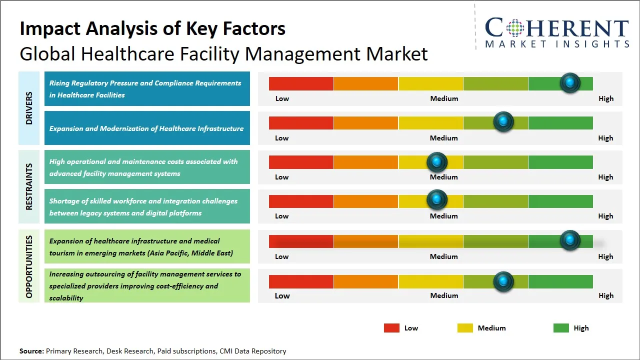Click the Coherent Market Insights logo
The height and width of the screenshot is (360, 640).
coord(556,32)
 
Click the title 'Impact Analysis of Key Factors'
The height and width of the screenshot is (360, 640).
coord(152,28)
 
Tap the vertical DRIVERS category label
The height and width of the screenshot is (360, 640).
coord(29,108)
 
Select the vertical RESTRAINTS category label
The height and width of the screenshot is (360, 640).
coord(29,186)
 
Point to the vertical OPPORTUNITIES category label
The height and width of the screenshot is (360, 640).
coord(29,266)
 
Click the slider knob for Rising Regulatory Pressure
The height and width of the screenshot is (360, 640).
coord(570,83)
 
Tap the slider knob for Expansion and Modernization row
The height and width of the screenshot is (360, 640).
coord(503,122)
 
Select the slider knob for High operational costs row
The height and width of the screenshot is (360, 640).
coord(437,162)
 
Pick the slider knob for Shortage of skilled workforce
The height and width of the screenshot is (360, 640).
coord(437,200)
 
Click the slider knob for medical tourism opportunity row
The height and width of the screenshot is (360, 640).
coord(570,240)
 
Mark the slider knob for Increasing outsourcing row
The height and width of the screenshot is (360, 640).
coord(503,281)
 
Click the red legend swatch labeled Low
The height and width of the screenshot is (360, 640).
coord(391,328)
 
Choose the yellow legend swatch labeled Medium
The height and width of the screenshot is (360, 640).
coord(465,328)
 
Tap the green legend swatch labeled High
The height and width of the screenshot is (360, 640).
coord(561,328)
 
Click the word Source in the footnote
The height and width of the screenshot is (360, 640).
coord(31,351)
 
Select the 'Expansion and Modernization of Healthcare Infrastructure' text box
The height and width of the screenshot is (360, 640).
coord(147,128)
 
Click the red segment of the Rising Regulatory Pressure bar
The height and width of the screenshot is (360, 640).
coord(301,83)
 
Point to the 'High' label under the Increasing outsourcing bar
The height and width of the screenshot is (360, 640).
coord(605,295)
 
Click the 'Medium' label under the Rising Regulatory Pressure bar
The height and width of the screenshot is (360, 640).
coord(444,98)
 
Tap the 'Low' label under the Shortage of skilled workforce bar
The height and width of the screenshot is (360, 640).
coord(282,216)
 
